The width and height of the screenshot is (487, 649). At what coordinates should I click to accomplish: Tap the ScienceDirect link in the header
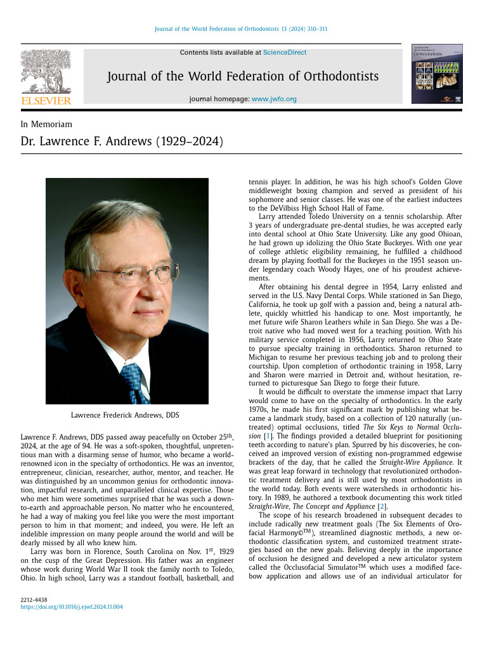[285, 53]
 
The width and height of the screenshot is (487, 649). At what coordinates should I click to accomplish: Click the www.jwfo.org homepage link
[274, 99]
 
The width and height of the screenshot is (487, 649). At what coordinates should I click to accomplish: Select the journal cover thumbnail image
[437, 74]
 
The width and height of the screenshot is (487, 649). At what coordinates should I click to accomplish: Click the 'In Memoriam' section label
[46, 124]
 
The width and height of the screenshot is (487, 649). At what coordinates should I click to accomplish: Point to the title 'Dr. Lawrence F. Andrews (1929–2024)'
[122, 141]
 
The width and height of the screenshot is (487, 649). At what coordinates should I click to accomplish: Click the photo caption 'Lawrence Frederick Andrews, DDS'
[125, 415]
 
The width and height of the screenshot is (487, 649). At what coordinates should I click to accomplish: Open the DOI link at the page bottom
[72, 607]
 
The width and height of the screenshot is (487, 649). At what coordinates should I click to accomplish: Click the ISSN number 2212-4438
[34, 599]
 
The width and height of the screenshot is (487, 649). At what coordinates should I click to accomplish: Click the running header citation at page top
[241, 29]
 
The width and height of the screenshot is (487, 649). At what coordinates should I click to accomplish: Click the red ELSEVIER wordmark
[46, 100]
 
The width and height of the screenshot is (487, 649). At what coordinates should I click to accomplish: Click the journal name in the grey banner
[243, 77]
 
